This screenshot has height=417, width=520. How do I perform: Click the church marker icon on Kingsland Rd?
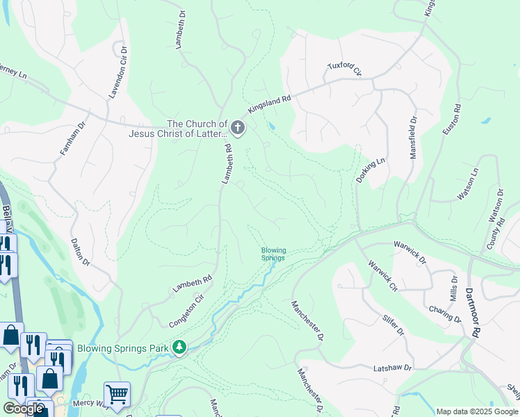pos(238,128)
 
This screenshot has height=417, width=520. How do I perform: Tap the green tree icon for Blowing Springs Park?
pos(180,345)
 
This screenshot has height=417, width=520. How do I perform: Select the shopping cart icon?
pos(117,394)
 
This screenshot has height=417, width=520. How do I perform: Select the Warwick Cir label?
pos(382,276)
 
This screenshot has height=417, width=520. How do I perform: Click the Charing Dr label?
pos(445,313)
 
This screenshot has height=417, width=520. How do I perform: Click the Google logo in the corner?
pos(24,409)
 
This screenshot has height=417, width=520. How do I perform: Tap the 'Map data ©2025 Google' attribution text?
pos(477,411)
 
